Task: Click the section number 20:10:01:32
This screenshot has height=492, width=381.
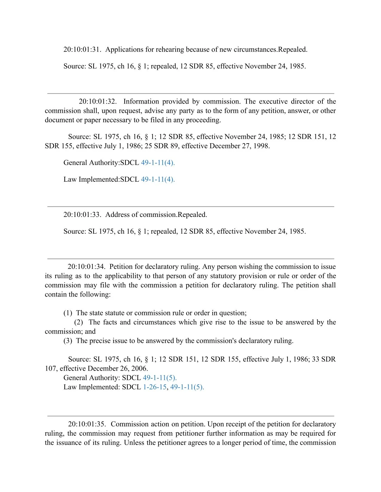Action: pos(98,101)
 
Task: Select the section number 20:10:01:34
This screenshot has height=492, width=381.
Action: pos(86,267)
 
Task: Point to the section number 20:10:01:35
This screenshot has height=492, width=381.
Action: pos(87,424)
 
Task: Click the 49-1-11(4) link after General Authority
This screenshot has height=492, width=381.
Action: pos(158,163)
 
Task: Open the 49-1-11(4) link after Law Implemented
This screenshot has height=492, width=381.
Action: pos(158,180)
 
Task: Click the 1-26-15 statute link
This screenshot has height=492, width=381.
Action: pos(154,387)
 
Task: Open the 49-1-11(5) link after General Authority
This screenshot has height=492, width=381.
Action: pos(160,378)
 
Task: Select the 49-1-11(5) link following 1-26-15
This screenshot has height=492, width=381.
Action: pos(187,387)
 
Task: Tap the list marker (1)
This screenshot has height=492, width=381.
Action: pos(68,313)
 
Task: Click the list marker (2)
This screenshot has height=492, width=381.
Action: pos(79,322)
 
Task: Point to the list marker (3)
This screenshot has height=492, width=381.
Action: pos(68,341)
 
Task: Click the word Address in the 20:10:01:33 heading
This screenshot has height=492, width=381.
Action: pos(117,215)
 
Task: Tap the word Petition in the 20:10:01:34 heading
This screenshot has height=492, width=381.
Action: pos(121,267)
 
